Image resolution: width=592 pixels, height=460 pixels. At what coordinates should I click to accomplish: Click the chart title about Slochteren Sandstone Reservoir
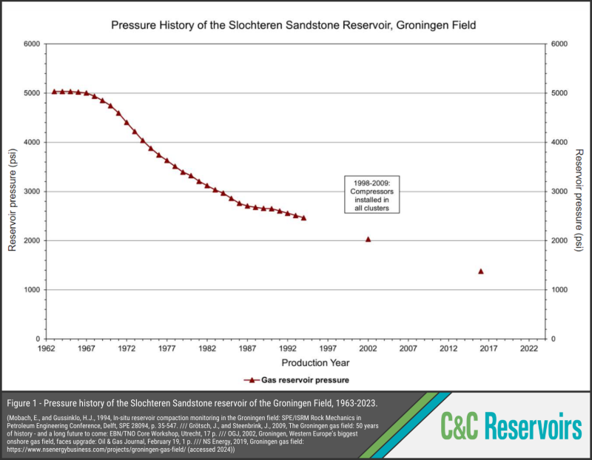coord(293,25)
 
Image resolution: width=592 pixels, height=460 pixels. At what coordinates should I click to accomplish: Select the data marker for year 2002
coord(369,239)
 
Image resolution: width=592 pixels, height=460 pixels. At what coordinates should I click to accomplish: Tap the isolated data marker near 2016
coord(481,271)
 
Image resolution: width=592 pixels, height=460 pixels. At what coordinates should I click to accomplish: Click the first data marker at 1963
coord(54,92)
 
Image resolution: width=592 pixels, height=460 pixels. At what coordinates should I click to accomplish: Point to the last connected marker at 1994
coord(303,217)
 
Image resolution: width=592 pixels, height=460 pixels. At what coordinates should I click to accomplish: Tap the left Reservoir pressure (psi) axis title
coord(13,192)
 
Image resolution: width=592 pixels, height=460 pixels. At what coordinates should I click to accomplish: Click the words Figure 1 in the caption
coord(27,402)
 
